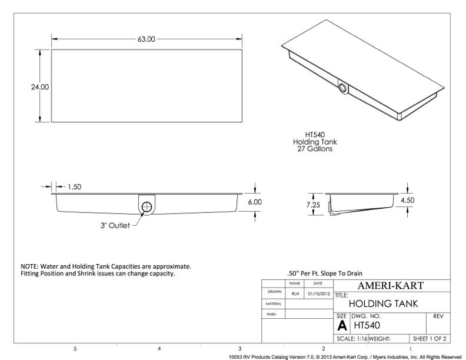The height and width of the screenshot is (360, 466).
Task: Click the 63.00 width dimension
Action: (147, 39)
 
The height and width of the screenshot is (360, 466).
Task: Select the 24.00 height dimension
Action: (40, 87)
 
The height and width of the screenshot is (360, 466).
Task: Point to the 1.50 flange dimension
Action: (74, 187)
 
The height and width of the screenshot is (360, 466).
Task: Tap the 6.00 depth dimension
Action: (255, 202)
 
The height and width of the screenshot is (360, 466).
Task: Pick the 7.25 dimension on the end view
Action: (313, 205)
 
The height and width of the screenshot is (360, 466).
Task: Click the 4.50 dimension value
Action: (407, 200)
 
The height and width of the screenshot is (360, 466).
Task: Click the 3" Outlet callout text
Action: (115, 225)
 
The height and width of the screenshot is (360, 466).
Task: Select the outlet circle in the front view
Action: (147, 206)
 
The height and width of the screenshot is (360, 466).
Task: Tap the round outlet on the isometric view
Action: (342, 88)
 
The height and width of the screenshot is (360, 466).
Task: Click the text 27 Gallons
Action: (315, 148)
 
